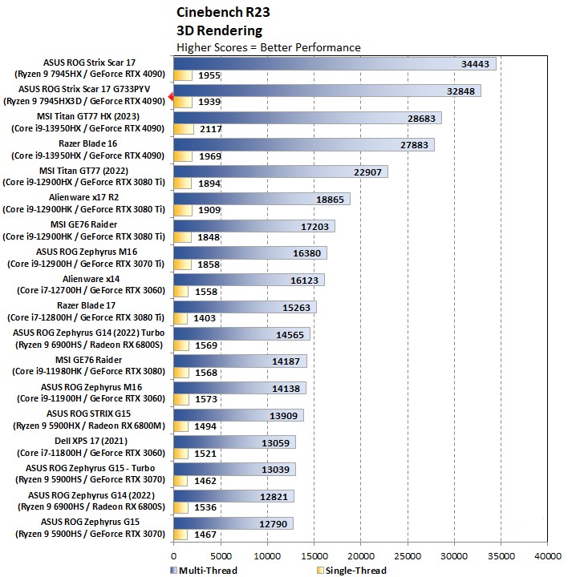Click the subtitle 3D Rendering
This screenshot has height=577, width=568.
point(219,30)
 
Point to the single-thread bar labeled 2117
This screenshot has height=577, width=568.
point(183,129)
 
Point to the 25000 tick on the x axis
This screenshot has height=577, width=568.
point(408,555)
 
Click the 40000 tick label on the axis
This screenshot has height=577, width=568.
point(548,555)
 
